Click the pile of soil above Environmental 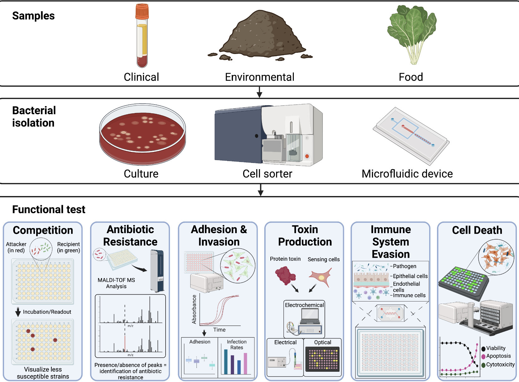(x=260, y=36)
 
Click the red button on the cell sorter (x=307, y=156)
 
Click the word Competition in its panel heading (x=43, y=230)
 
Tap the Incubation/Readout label (x=47, y=312)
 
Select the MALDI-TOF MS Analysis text (x=116, y=283)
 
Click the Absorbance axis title (x=194, y=309)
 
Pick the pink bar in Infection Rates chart (x=245, y=363)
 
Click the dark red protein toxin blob (x=285, y=275)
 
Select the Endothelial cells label (x=407, y=286)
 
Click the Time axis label (x=219, y=330)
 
